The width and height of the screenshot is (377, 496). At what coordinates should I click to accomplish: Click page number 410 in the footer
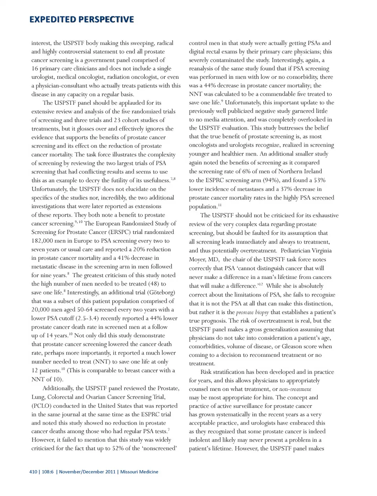33,472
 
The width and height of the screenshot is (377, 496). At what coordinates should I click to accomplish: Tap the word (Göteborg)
161,293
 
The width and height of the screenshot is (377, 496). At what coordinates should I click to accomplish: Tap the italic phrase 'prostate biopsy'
253,312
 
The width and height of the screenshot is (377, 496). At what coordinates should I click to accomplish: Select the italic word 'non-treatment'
295,389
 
